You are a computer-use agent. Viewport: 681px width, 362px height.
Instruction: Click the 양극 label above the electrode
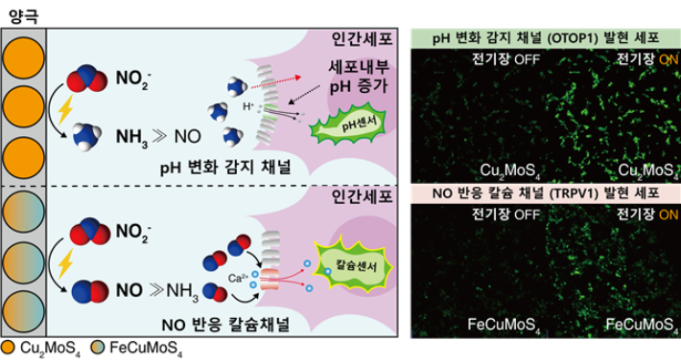click(x=22, y=11)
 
